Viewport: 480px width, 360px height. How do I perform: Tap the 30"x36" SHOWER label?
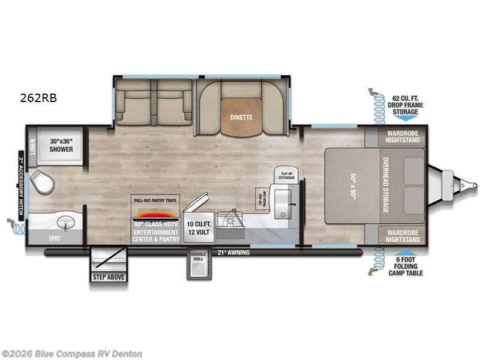(61, 145)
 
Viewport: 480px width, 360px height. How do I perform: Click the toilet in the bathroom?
(40, 181)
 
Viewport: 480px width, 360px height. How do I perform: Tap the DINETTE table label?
(241, 118)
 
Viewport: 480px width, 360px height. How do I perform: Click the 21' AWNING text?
(233, 253)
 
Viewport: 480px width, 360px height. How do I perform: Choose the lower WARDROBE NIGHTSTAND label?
(403, 235)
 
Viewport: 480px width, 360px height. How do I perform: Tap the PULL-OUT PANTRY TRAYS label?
(155, 199)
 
